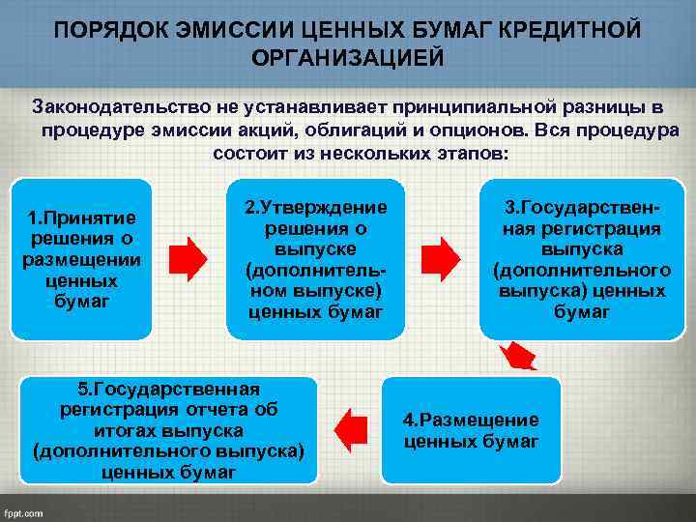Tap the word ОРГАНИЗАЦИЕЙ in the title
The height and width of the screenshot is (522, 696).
pos(348,58)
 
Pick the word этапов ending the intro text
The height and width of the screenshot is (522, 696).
pos(473,155)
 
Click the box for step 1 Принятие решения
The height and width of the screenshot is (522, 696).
pos(81,259)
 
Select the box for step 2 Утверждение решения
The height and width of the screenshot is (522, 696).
pos(315,259)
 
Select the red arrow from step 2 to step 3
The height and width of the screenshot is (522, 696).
pos(444,258)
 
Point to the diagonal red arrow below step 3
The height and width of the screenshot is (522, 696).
pos(520,356)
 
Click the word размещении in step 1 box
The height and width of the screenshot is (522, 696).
pos(81,259)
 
